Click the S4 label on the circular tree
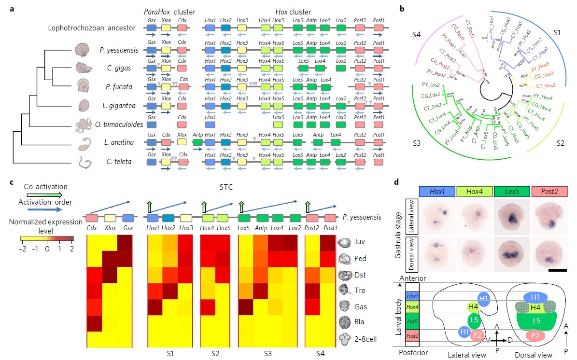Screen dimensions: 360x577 pos(419,35)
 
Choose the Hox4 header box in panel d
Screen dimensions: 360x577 pos(474,192)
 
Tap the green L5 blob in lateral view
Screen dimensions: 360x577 pos(476,319)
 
